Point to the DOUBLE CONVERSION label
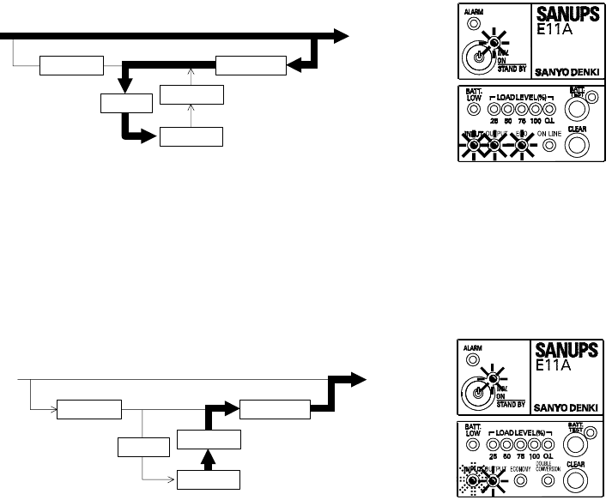point(548,468)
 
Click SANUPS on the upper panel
point(567,16)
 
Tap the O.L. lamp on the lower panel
point(550,443)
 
